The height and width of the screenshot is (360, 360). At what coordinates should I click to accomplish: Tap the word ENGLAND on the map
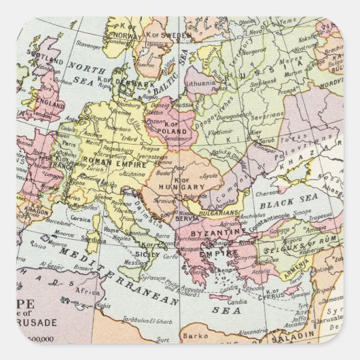coord(50,102)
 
